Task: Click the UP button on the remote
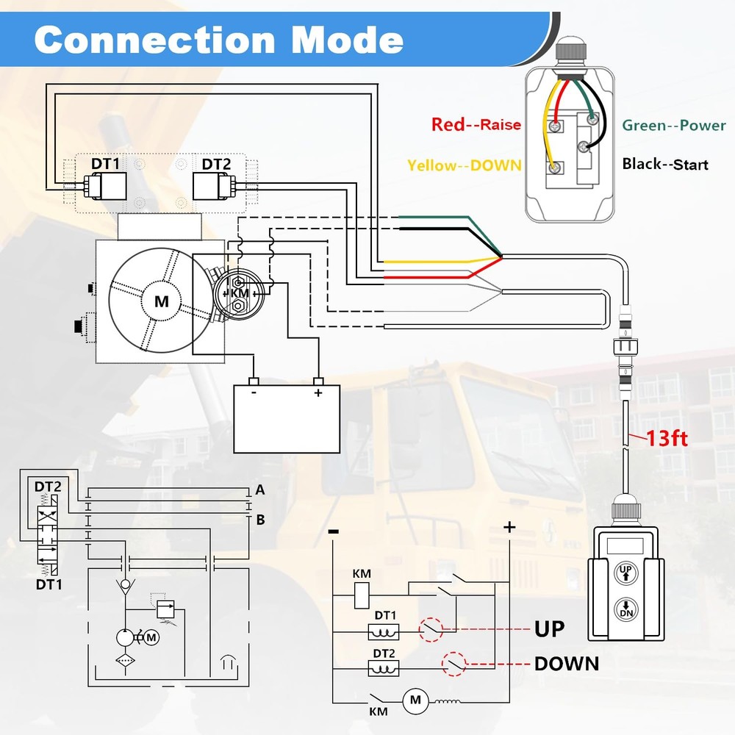[625, 572]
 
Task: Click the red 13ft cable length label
[667, 439]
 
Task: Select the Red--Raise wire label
[476, 124]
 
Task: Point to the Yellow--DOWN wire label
[465, 165]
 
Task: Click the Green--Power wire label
[674, 125]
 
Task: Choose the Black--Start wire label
[665, 163]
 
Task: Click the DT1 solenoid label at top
[106, 164]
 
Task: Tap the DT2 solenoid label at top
[217, 164]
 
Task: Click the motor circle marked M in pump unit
[161, 301]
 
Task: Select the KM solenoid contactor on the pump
[240, 293]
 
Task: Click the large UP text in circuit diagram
[549, 629]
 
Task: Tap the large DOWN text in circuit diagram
[566, 664]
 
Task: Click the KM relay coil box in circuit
[362, 595]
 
